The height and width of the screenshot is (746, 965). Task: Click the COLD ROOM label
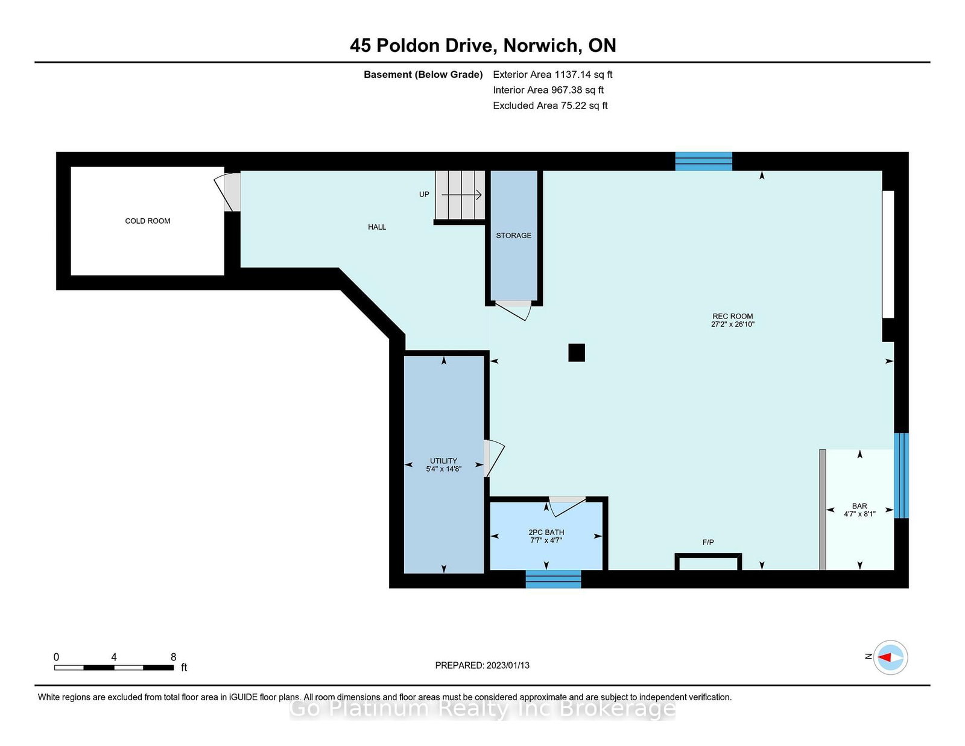pos(147,221)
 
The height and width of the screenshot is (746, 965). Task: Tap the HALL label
pos(376,227)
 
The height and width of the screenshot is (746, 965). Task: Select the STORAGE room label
pos(513,235)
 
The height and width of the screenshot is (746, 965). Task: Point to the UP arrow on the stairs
pos(462,195)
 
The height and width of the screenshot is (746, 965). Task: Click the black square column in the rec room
pos(577,353)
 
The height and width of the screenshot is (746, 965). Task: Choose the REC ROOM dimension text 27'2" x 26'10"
pos(732,324)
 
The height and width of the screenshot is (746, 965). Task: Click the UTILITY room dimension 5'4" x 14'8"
pos(444,469)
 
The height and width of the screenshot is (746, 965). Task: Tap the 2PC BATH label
pos(546,532)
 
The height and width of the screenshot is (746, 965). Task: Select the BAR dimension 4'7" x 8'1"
pos(859,514)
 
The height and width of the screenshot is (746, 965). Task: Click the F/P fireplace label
pos(708,542)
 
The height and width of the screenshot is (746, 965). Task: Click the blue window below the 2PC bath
pos(553,579)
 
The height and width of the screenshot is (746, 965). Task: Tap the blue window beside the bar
pos(901,476)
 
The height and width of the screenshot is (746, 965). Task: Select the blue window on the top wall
pos(703,161)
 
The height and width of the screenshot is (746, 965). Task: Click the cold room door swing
pos(227,192)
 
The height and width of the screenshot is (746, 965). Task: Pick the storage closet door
pos(513,310)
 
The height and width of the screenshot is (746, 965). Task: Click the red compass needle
pos(884,657)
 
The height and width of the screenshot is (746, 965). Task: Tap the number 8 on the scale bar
pos(173,657)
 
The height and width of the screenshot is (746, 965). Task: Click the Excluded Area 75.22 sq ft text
pos(550,106)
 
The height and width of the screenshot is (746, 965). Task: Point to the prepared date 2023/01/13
pos(508,665)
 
